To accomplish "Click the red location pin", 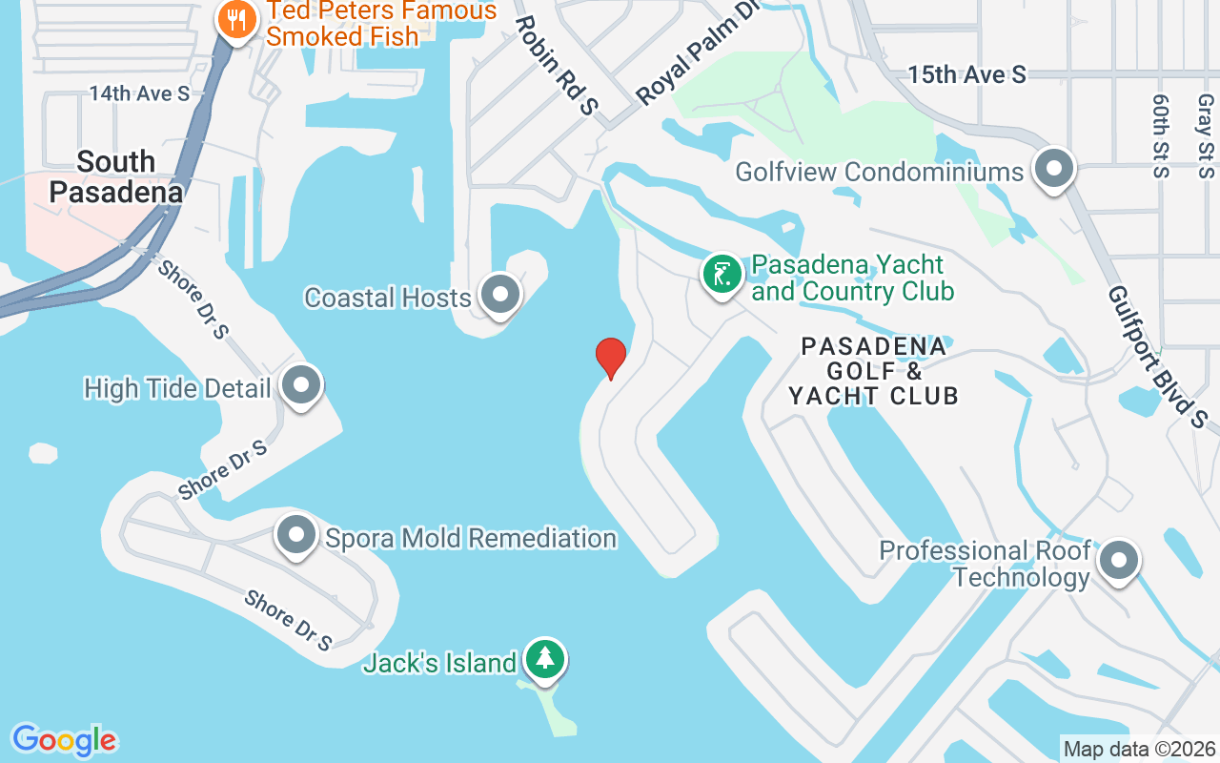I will point(611,357).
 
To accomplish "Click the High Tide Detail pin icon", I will point(302,386).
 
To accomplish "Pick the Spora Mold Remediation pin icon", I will point(296,535).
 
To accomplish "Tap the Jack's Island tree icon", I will point(544,659).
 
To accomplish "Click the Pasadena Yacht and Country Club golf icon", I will point(722,275).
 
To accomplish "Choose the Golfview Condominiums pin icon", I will point(1054,169).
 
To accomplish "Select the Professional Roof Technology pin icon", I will point(1119,561).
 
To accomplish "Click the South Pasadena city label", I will point(115,176).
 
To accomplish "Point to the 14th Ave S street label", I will point(139,93).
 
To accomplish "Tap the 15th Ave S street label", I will point(966,74).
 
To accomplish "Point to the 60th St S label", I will point(1160,135).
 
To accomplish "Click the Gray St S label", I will point(1206,135).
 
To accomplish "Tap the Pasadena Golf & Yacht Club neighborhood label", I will point(873,371).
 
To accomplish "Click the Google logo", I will point(64,740).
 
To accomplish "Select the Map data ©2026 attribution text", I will point(1140,750).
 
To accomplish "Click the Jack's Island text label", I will point(439,663).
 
